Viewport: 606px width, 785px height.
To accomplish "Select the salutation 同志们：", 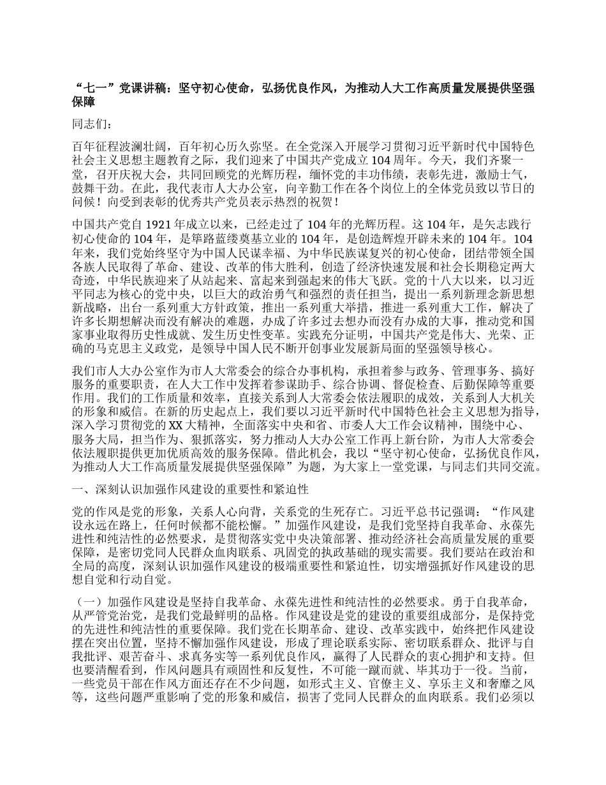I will (x=92, y=125).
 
